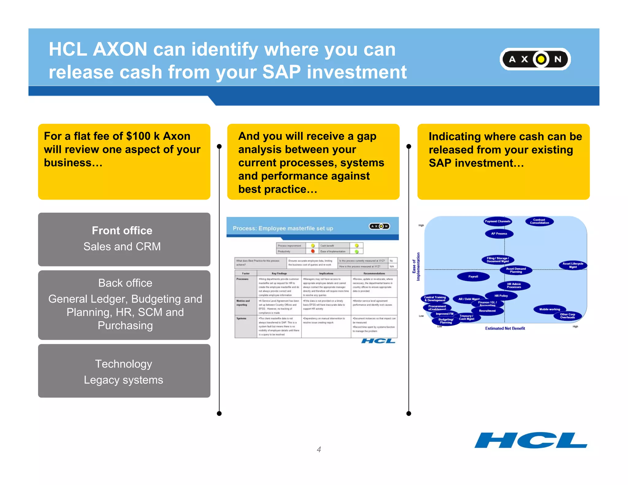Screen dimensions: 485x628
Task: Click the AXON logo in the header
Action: point(535,59)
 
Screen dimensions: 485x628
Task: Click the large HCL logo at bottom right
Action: point(530,440)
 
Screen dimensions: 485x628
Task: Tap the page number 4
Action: point(319,449)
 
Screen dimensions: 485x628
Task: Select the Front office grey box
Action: point(124,239)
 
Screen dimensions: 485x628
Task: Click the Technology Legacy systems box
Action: point(124,371)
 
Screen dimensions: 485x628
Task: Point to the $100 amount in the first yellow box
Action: point(138,136)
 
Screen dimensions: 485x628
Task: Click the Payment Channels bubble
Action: point(497,221)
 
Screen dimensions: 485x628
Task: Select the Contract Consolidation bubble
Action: point(539,221)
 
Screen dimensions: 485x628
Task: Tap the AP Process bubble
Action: point(499,234)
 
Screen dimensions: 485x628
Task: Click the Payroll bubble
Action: point(473,277)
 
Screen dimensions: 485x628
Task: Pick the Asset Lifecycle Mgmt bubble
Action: point(572,265)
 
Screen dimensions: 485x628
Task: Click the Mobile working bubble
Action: point(549,309)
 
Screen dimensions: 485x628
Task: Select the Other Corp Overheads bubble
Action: point(567,316)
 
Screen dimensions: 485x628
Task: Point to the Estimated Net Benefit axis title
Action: point(505,328)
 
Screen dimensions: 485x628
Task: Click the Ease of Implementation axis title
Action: point(416,267)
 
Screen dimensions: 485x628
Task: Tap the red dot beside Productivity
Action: point(313,251)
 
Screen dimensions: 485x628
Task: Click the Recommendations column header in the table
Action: point(374,273)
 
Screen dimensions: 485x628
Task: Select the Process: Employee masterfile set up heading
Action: point(283,228)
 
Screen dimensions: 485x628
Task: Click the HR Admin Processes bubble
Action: point(514,286)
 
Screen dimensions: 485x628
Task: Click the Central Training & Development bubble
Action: point(435,299)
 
